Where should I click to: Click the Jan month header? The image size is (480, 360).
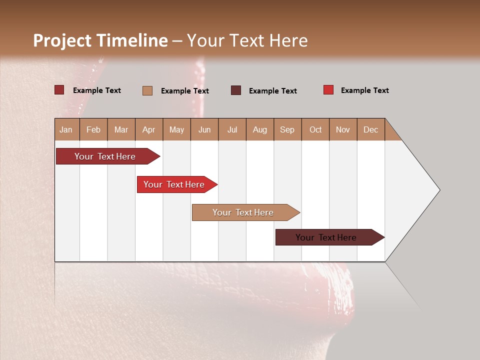(x=66, y=129)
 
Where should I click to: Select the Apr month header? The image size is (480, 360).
(x=149, y=129)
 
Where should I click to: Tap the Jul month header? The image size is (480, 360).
(x=232, y=129)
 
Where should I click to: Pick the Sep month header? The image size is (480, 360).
(x=287, y=129)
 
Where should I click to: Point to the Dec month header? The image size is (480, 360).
(x=370, y=129)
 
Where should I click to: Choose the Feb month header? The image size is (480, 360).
(x=93, y=129)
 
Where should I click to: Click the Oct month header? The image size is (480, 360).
(x=315, y=129)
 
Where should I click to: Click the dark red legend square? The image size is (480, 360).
(x=59, y=90)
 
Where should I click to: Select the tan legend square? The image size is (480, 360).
(x=147, y=90)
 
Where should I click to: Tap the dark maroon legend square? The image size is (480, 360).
(x=236, y=90)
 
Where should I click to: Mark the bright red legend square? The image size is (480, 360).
(x=328, y=90)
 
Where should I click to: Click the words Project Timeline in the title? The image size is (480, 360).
(x=100, y=40)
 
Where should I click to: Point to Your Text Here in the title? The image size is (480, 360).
(x=247, y=40)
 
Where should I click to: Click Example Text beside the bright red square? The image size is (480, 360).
(x=364, y=90)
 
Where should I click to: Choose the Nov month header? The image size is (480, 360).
(x=343, y=129)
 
